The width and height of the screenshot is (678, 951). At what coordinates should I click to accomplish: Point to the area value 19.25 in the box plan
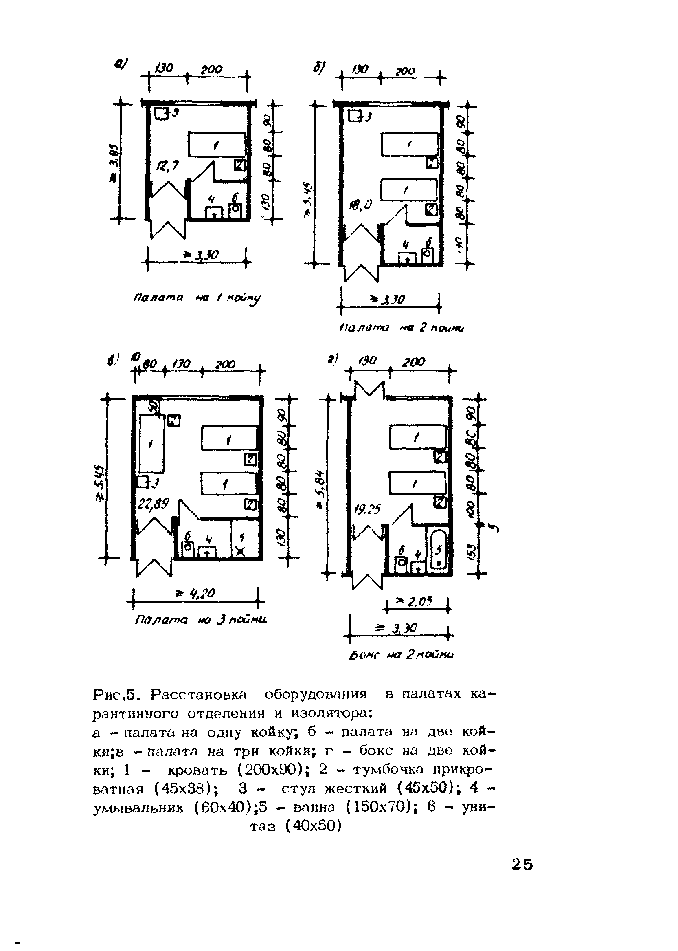(367, 509)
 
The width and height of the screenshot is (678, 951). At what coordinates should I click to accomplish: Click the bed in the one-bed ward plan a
(217, 145)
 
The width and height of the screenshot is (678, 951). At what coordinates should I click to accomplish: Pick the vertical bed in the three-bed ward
(151, 444)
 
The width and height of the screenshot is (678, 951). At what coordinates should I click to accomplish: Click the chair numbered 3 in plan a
(161, 113)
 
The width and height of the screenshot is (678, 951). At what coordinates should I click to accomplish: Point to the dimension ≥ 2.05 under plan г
(417, 601)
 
